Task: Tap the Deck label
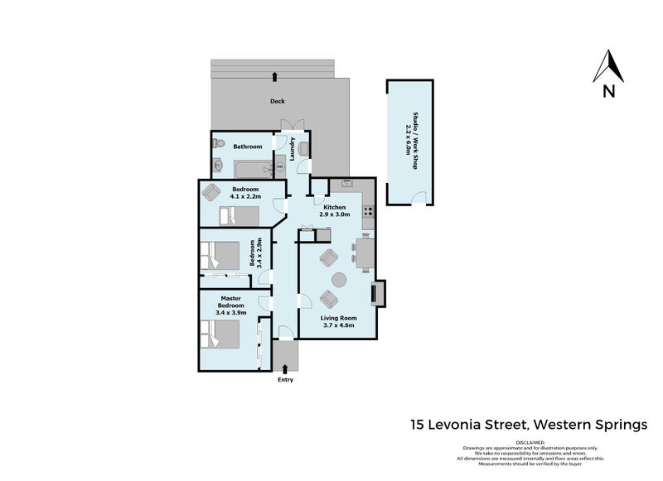pos(278,102)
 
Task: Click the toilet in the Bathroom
pos(218,146)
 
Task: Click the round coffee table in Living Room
pos(339,280)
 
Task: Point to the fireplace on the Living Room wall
pos(378,293)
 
